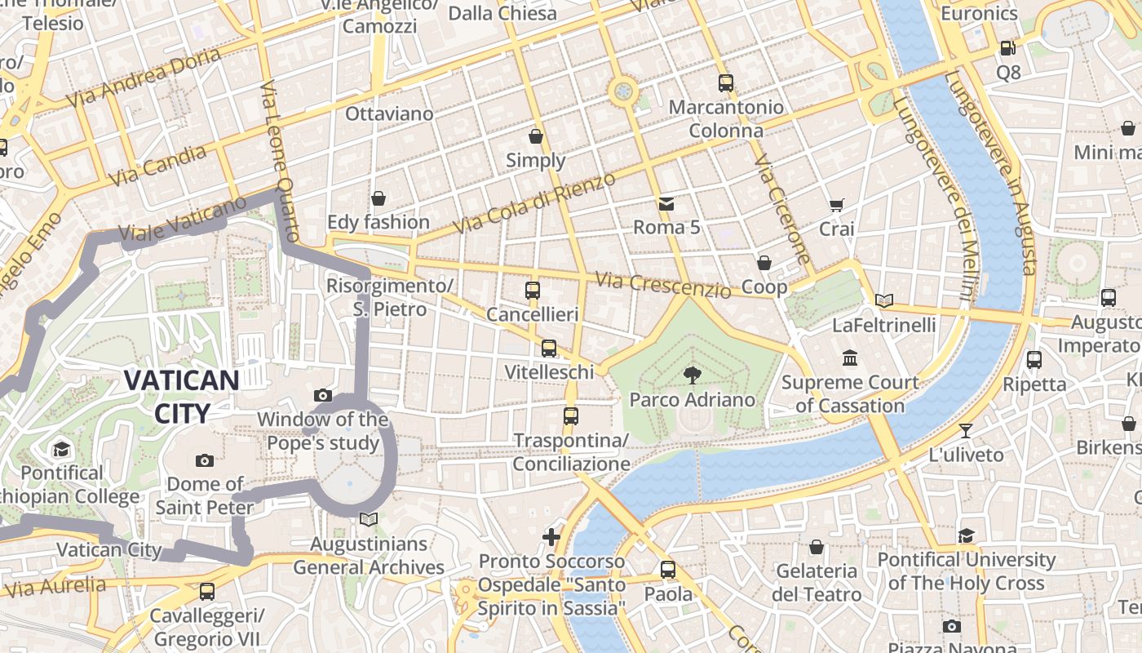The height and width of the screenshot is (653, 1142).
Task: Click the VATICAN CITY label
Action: [181, 396]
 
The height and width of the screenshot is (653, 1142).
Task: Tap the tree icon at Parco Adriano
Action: [693, 375]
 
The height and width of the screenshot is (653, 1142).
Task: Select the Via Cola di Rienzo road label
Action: [533, 202]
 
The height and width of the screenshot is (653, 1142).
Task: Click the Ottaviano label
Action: [389, 113]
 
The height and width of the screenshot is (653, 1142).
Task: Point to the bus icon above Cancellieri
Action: [533, 290]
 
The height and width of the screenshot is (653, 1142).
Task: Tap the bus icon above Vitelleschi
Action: [549, 349]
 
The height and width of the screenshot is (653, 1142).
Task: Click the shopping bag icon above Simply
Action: [536, 135]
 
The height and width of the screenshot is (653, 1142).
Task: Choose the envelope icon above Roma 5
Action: [667, 202]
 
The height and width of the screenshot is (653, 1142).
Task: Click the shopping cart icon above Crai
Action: [836, 205]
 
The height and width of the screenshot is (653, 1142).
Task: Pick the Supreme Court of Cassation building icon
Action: [850, 358]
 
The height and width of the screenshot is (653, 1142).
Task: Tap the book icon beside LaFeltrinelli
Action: [884, 300]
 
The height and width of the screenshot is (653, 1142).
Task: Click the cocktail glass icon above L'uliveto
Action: [966, 430]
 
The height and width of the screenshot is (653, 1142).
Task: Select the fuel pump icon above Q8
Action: [1008, 48]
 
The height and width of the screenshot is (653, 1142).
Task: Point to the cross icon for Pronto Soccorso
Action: [552, 536]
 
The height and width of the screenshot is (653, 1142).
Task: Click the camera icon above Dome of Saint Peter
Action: [205, 460]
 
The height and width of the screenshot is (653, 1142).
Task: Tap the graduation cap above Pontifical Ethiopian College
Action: [62, 449]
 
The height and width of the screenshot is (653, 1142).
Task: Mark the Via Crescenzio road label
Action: [662, 285]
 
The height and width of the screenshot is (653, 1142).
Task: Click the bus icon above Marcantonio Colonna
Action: [726, 82]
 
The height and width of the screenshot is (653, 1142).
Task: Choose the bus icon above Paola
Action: [668, 570]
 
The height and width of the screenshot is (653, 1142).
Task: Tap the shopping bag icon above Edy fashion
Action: [378, 198]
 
